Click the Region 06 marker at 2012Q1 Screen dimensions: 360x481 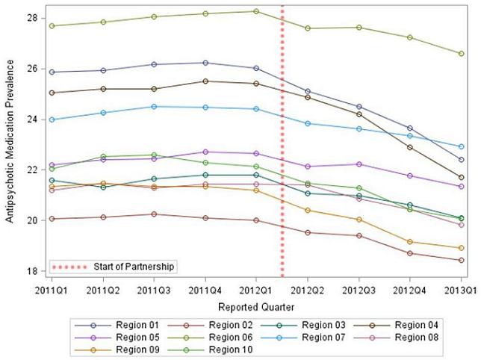tap(256, 11)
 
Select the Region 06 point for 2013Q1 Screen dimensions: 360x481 tap(461, 54)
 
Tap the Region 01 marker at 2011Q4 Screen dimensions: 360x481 tap(205, 63)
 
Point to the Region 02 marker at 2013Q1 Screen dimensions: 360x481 tap(461, 260)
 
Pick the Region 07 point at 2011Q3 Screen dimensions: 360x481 tap(154, 106)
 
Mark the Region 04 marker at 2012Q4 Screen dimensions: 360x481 tap(409, 147)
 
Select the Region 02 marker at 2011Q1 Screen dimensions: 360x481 tap(52, 219)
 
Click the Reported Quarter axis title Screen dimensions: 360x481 tap(256, 306)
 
